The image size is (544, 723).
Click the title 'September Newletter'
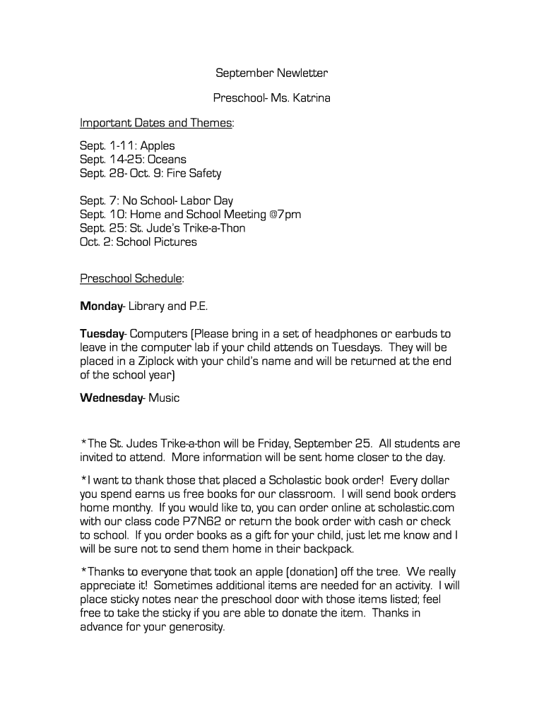tap(271, 73)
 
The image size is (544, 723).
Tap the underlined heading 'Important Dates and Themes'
tap(155, 123)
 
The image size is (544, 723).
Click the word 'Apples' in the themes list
tap(158, 146)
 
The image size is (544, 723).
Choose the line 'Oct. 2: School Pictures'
tap(138, 242)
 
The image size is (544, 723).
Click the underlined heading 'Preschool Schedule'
tap(131, 278)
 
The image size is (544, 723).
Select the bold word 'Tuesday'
tap(102, 333)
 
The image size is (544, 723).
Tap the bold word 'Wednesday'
tap(111, 398)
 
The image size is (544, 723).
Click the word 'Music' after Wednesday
tap(164, 398)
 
